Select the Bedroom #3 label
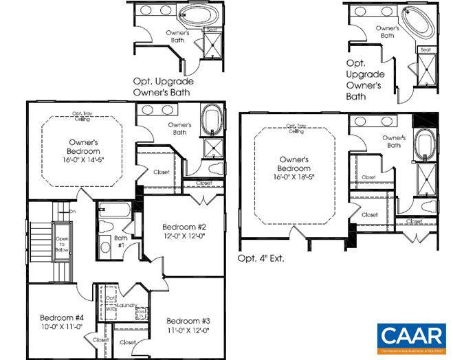[x=188, y=322]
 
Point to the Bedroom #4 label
[x=61, y=317]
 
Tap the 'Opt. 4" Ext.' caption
[x=261, y=259]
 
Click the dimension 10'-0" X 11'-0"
[x=61, y=327]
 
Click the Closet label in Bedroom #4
[x=101, y=340]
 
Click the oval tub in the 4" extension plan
[x=425, y=145]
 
